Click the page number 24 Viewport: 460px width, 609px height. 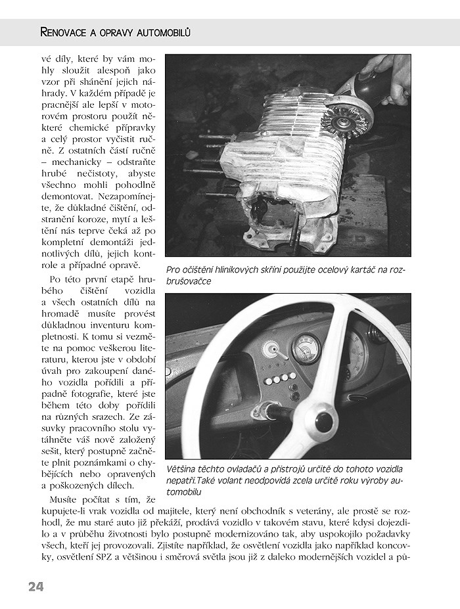pos(35,587)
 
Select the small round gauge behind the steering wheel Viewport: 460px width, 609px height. pos(306,348)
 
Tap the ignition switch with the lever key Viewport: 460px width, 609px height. pos(273,411)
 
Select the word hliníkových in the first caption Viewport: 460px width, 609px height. pos(245,269)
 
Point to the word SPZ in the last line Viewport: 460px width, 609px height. pos(128,557)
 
